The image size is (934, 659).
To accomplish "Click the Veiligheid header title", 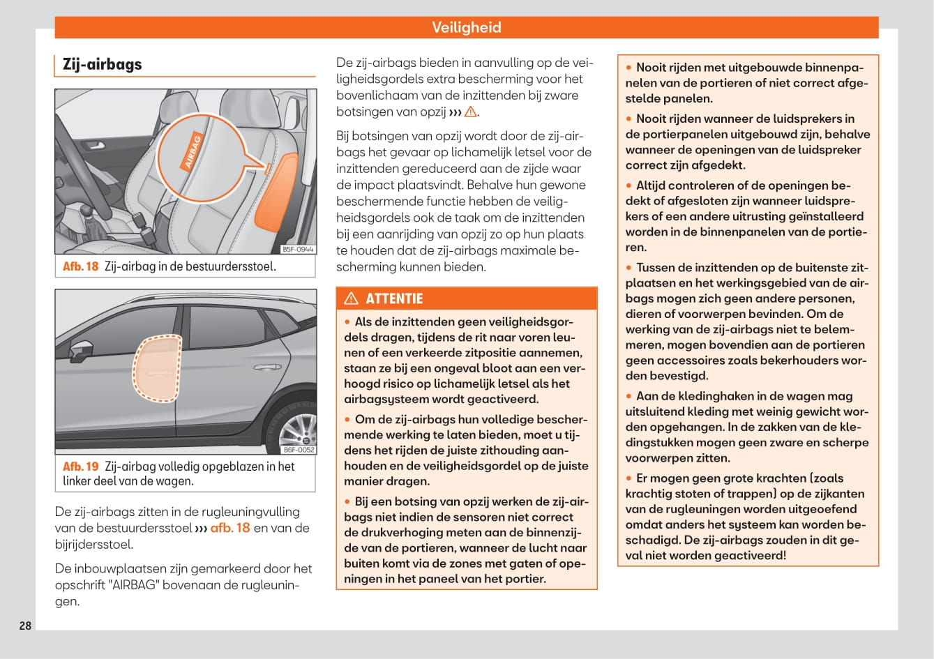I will (x=466, y=27).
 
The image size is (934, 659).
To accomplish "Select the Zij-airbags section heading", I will (x=102, y=64).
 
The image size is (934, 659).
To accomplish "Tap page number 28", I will (x=25, y=626).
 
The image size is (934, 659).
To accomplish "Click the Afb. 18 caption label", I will (x=81, y=266).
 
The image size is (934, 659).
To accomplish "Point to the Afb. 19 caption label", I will (x=81, y=467).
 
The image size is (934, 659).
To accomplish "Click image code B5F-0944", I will (x=298, y=249).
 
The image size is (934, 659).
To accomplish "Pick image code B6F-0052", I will (x=298, y=450).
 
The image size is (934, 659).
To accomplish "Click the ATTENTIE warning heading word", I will (x=394, y=298).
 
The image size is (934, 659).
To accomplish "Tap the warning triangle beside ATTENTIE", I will (x=352, y=298).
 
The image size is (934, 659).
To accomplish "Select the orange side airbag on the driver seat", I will (x=276, y=192).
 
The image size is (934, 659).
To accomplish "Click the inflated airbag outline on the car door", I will (x=157, y=369).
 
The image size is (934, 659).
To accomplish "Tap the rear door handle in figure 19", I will (x=266, y=367).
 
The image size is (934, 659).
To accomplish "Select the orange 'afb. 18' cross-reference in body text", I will (x=229, y=528).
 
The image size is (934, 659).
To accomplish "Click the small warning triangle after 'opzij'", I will (x=470, y=112).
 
